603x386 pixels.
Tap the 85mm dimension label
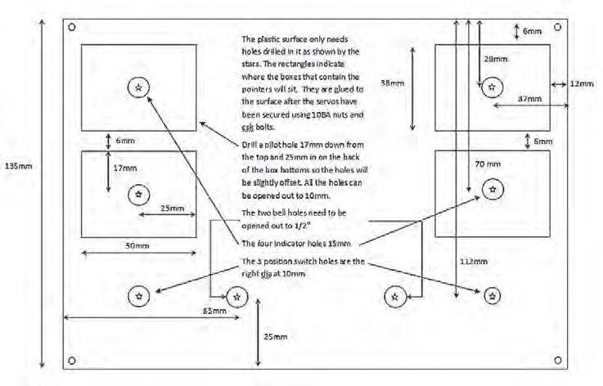tap(210, 311)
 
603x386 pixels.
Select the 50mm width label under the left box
tap(136, 245)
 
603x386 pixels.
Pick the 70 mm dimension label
tap(488, 164)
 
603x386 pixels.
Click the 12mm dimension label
tap(583, 84)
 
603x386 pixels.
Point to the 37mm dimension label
tap(529, 98)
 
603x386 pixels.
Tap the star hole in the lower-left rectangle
tap(138, 194)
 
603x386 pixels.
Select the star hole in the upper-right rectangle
tap(491, 85)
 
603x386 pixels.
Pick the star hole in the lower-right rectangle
tap(492, 190)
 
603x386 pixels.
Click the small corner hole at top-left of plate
tap(73, 27)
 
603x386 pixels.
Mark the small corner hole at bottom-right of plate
tap(559, 360)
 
